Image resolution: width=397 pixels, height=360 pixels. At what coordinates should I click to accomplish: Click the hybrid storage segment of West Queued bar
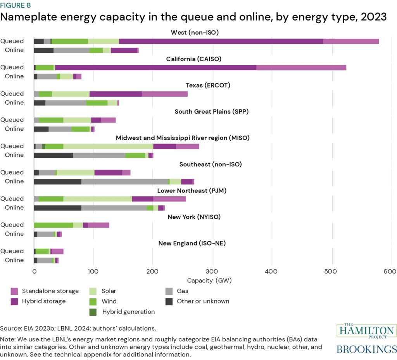click(x=221, y=41)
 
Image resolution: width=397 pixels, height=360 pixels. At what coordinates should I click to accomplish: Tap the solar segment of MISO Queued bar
click(x=108, y=146)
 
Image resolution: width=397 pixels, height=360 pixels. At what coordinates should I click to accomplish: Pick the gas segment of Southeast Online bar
click(x=124, y=182)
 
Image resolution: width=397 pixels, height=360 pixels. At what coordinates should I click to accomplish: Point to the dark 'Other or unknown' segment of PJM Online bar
click(x=58, y=208)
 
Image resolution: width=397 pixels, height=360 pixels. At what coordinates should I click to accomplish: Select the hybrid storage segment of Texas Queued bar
click(x=116, y=94)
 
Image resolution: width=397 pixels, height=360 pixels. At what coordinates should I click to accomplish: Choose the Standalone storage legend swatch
click(x=15, y=291)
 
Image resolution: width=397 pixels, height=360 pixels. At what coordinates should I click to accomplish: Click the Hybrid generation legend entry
click(x=128, y=312)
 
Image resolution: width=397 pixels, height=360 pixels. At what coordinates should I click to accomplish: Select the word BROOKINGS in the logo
click(x=366, y=349)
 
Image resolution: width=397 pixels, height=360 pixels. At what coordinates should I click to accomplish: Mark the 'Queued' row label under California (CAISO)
click(x=12, y=67)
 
